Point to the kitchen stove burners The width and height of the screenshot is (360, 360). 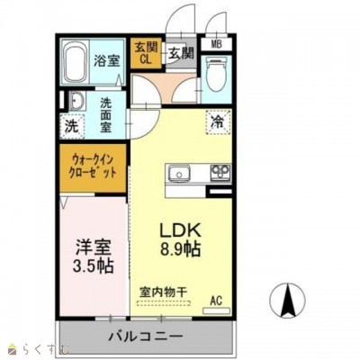pos(219,172)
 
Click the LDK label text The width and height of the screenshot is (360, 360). pos(178,229)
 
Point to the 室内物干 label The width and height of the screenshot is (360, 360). pos(162,292)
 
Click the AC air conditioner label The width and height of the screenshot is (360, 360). pos(216,300)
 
